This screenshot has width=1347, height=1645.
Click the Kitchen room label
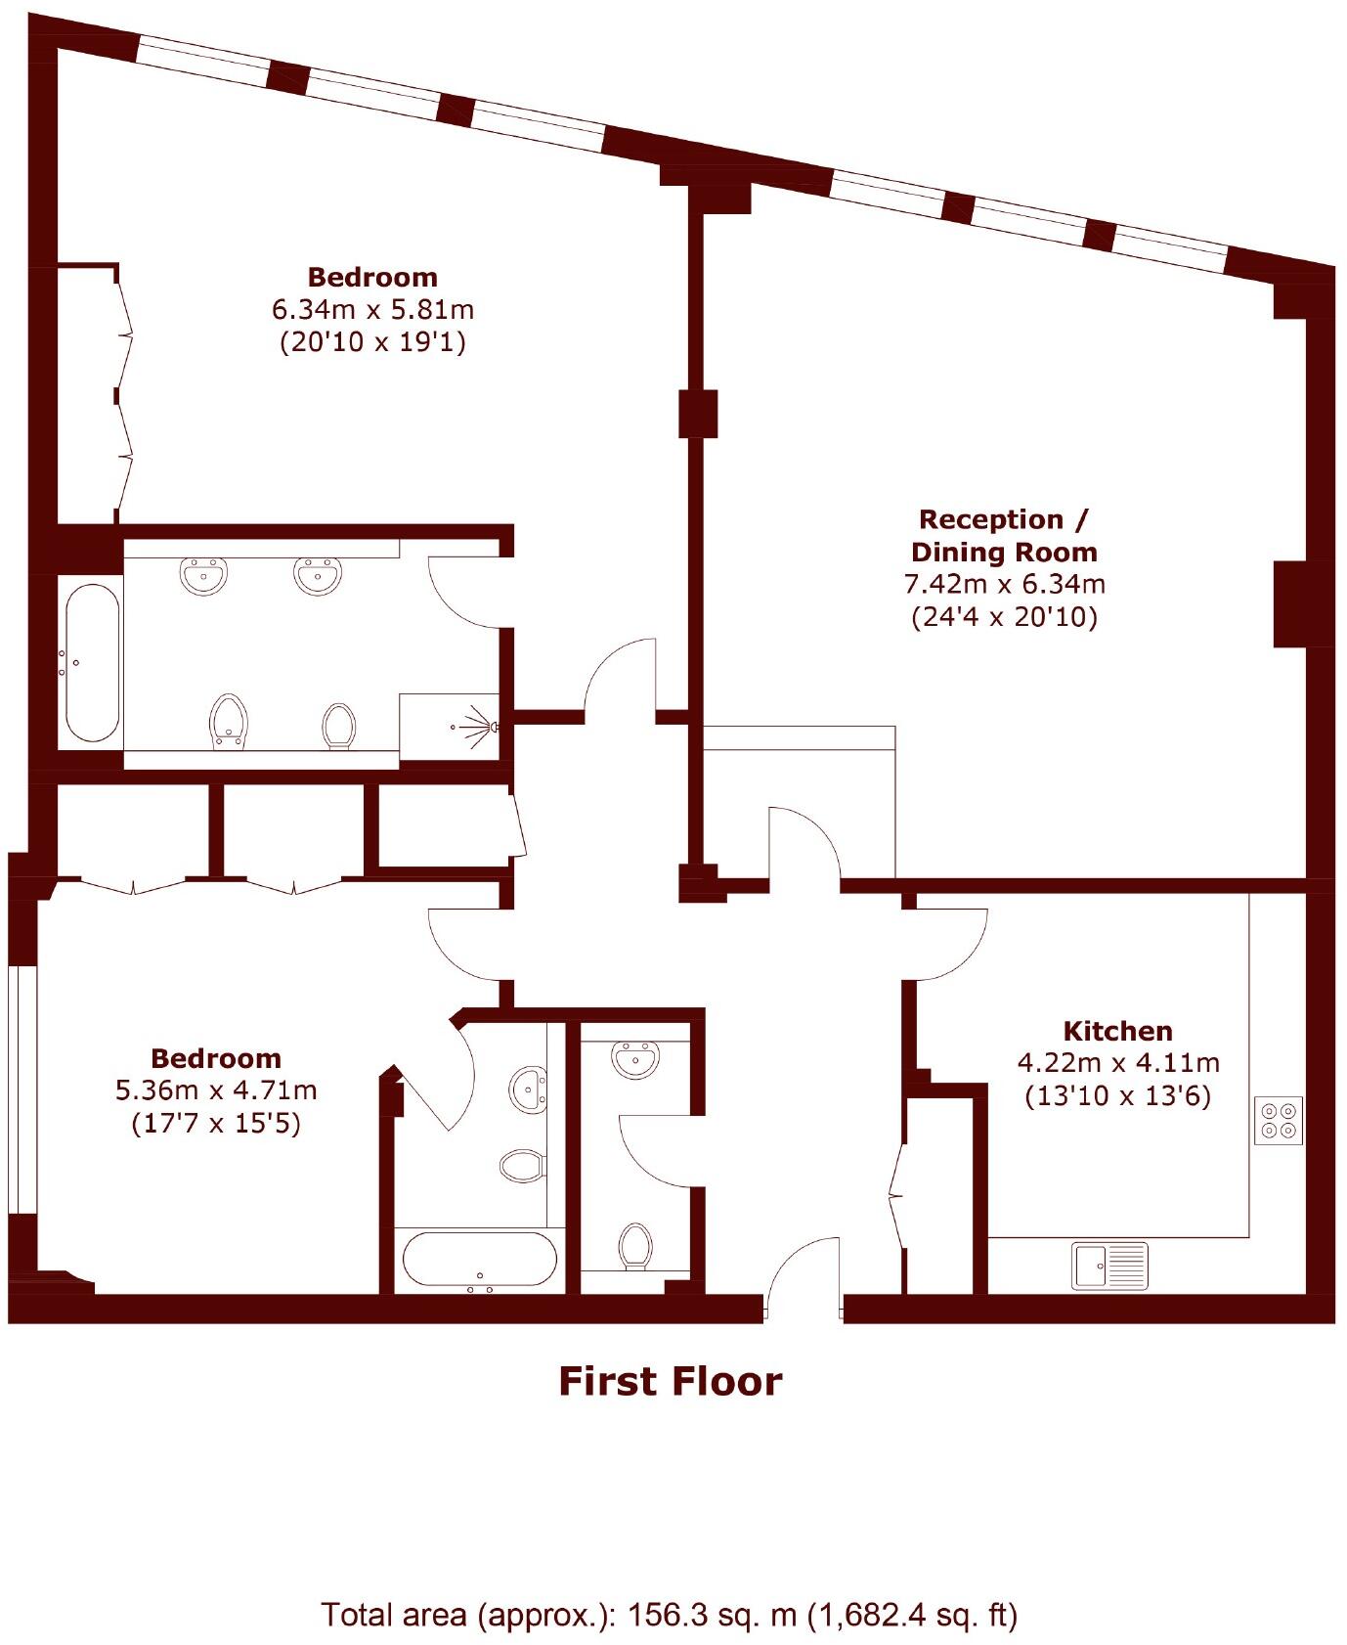(x=1117, y=1031)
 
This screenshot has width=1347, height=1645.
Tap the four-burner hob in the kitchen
(x=1279, y=1120)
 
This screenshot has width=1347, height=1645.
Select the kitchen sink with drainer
(x=1110, y=1266)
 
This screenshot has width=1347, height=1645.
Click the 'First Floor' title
(x=671, y=1382)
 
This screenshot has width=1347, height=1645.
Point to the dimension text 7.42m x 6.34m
(x=1004, y=585)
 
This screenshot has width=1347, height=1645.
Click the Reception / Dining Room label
(x=1004, y=535)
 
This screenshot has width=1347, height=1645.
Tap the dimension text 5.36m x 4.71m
(x=216, y=1089)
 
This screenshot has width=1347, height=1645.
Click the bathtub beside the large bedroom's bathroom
(x=92, y=663)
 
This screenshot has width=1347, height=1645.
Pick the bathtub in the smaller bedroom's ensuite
(x=480, y=1260)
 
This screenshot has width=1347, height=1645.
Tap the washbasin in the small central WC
(x=635, y=1059)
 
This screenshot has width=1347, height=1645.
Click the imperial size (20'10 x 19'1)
(x=372, y=342)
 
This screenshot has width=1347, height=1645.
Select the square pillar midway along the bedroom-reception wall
(x=698, y=414)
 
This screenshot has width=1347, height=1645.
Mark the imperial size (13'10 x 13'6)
(x=1117, y=1095)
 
